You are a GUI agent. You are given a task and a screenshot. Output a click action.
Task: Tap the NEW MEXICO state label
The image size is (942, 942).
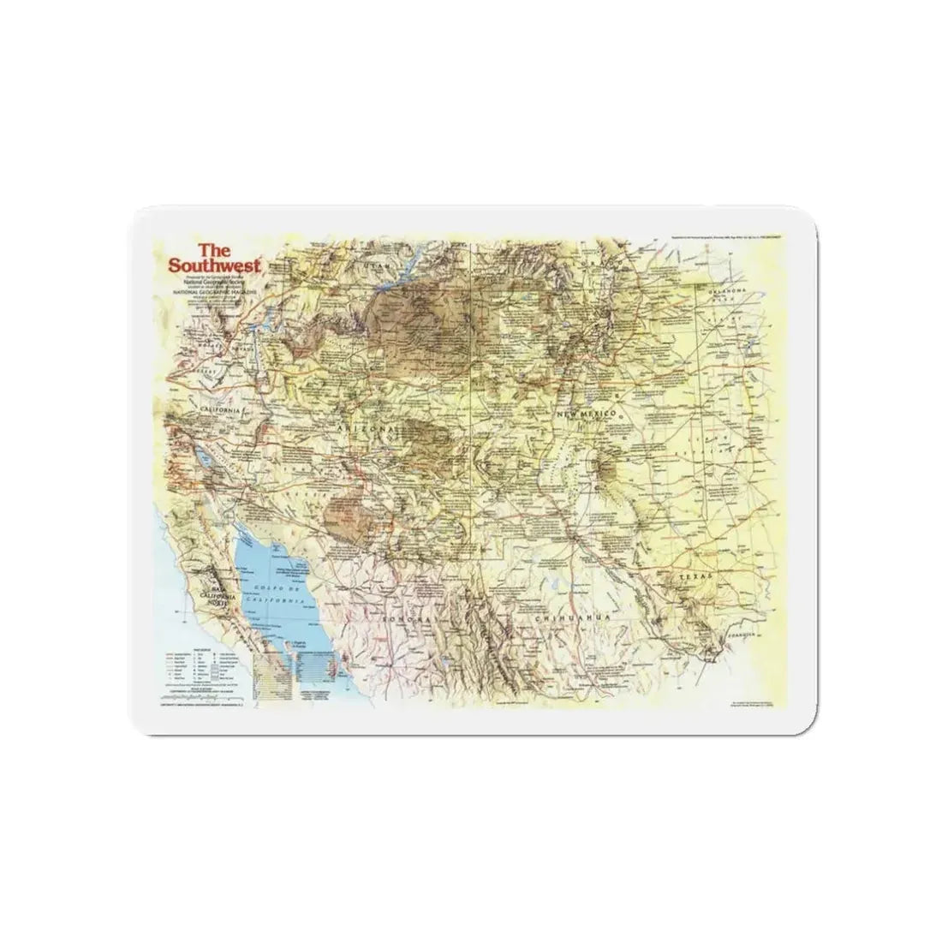click(x=587, y=414)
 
